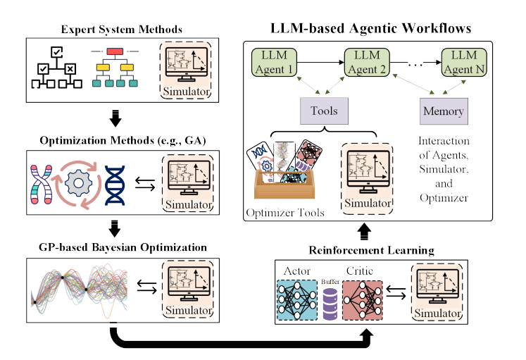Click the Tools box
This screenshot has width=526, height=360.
[x=324, y=111]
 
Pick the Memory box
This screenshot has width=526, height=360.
[x=443, y=111]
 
